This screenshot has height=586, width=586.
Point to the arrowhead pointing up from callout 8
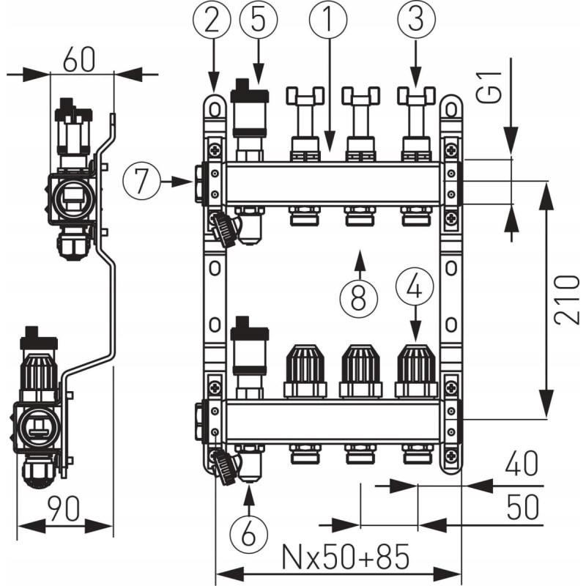[x=359, y=257]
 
